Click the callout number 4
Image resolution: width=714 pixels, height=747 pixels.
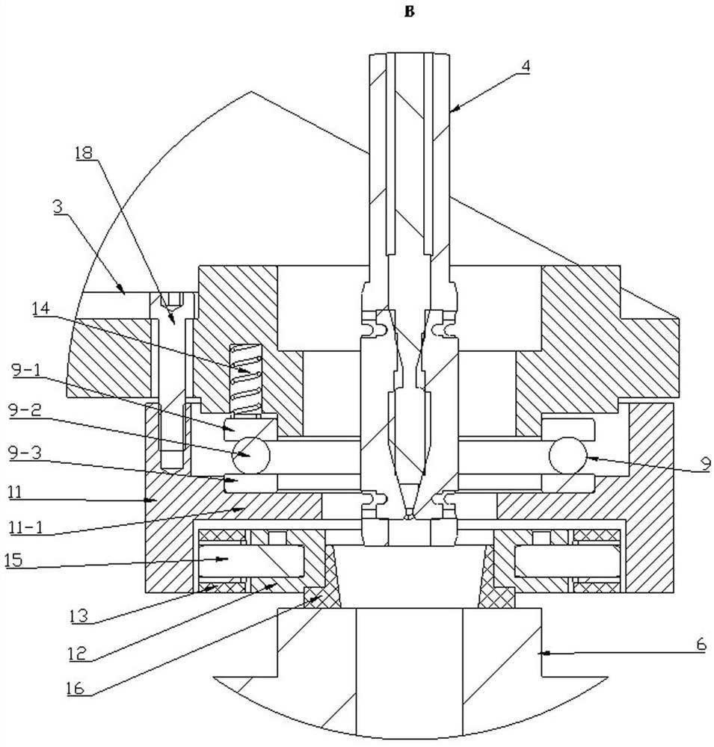pyautogui.click(x=525, y=66)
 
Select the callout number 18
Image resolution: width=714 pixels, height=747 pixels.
pyautogui.click(x=84, y=153)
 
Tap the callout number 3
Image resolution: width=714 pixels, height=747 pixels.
pyautogui.click(x=58, y=207)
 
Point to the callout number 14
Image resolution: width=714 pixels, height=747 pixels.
pyautogui.click(x=40, y=309)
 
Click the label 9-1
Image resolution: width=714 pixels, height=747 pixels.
pyautogui.click(x=25, y=371)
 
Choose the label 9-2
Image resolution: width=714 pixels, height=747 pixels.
pyautogui.click(x=25, y=411)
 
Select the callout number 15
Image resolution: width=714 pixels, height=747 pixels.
pyautogui.click(x=14, y=560)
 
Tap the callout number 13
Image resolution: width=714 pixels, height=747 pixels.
pyautogui.click(x=79, y=616)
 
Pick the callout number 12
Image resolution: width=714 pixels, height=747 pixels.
pyautogui.click(x=76, y=653)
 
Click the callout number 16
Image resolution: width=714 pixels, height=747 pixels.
pyautogui.click(x=76, y=689)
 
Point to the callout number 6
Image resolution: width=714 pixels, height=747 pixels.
pyautogui.click(x=701, y=645)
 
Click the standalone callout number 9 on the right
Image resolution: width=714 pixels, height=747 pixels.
pyautogui.click(x=706, y=462)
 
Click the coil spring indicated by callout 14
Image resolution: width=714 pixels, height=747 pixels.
pyautogui.click(x=246, y=379)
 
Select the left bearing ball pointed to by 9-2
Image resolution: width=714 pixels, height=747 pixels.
pyautogui.click(x=251, y=455)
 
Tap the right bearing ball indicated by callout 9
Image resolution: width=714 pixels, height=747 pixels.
pyautogui.click(x=568, y=456)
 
